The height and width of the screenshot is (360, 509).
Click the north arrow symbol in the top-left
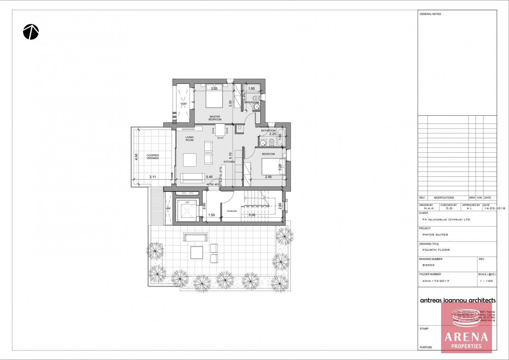[31, 32]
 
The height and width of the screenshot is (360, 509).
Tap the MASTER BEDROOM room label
[215, 118]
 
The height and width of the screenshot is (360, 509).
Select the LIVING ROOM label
[189, 139]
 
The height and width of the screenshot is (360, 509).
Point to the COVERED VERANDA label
[153, 157]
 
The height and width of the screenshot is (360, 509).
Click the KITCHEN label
[229, 162]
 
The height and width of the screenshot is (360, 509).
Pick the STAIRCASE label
[232, 211]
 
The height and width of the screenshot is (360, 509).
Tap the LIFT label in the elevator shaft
[187, 203]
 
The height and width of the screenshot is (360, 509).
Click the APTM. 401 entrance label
[213, 184]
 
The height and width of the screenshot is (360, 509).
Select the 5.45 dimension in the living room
[209, 177]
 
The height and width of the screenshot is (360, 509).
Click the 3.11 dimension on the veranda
[152, 177]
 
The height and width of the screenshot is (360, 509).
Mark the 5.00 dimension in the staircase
[252, 215]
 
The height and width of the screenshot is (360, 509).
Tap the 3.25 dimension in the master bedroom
[214, 89]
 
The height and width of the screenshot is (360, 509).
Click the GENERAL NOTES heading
[430, 14]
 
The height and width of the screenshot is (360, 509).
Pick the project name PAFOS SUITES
[435, 235]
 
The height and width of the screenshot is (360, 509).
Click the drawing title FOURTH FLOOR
[436, 250]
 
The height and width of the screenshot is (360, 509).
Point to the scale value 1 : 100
[486, 281]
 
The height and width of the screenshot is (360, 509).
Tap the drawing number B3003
[428, 265]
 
